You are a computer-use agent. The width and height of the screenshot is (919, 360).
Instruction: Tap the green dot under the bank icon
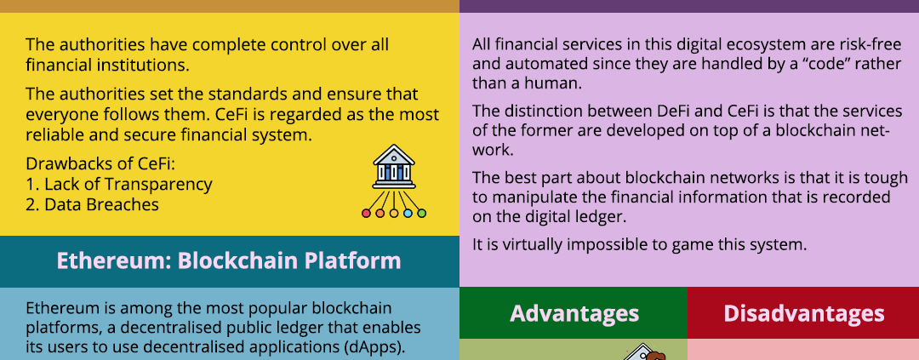421,214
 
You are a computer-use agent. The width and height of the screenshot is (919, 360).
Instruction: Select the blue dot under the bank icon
408,214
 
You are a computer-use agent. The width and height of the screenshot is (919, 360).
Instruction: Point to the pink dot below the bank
366,214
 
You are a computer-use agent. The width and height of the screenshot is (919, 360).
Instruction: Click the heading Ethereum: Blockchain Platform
229,260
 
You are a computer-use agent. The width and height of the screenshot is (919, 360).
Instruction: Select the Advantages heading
574,313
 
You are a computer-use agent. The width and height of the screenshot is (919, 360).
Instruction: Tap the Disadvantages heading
803,313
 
